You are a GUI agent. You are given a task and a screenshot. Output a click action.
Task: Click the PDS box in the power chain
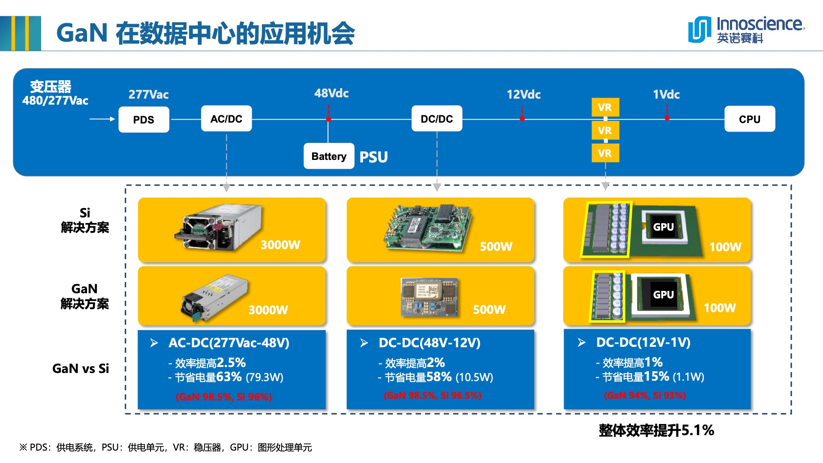[x=144, y=120]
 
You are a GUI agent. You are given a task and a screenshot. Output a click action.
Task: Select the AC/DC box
[x=226, y=119]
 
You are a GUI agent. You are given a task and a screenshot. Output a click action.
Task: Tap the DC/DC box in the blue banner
[x=437, y=119]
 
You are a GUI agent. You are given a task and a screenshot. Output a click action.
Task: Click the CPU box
[x=749, y=119]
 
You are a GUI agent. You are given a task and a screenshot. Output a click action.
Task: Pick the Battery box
[x=329, y=156]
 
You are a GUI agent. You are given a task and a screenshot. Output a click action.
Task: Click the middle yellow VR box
[x=605, y=130]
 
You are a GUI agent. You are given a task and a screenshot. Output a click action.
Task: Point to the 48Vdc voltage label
[x=331, y=93]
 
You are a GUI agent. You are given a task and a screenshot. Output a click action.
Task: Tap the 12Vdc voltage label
[x=523, y=94]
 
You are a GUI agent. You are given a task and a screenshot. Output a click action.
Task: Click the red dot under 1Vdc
[x=667, y=118]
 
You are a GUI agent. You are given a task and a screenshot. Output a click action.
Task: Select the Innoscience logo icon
[x=700, y=30]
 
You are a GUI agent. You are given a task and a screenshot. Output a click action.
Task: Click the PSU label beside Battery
[x=373, y=157]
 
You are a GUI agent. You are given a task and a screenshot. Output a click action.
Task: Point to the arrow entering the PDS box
[x=102, y=119]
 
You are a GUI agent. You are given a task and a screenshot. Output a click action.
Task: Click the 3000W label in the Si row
[x=280, y=245]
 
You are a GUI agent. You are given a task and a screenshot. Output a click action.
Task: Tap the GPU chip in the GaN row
[x=663, y=295]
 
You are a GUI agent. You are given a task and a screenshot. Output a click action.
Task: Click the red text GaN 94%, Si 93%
[x=645, y=395]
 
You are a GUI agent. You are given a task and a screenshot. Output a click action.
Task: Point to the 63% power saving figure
[x=229, y=377]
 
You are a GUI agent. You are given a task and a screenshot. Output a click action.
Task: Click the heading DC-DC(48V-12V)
[x=430, y=343]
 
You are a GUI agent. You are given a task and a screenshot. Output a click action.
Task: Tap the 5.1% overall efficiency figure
[x=697, y=430]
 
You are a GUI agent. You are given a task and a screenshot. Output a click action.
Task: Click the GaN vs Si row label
[x=81, y=368]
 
